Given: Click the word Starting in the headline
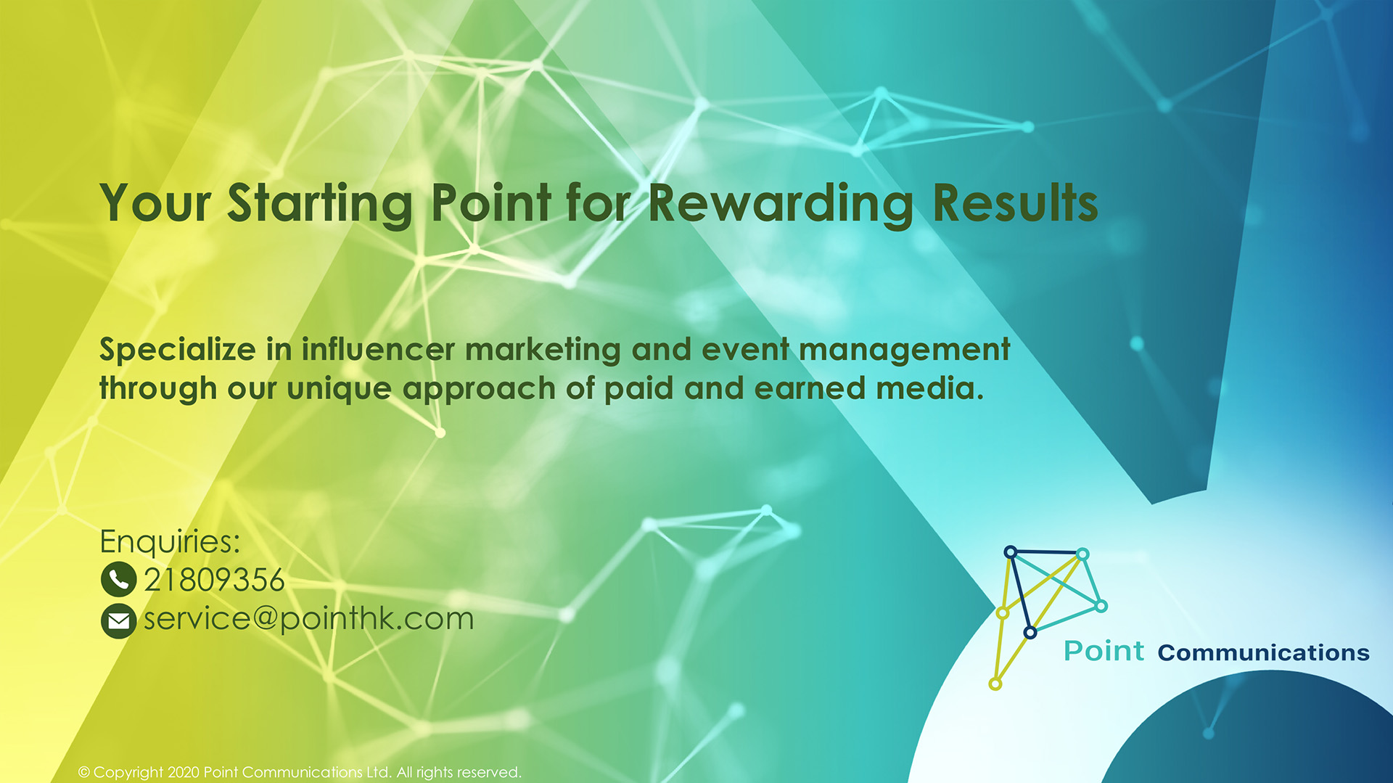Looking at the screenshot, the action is pos(320,203).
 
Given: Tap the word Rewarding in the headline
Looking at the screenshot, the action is pos(781,203).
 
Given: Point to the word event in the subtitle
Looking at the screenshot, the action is pos(745,350).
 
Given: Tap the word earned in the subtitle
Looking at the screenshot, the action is pos(810,388).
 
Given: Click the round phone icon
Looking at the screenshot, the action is pos(118,579).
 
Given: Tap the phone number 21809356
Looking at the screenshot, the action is pos(214,580).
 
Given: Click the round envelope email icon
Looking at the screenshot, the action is pos(118,620).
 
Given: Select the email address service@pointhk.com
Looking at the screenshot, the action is pos(308,619).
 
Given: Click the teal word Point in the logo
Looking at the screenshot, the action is pos(1104,651).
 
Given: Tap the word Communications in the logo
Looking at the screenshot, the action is pos(1263,652).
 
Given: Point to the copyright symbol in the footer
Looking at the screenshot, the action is pos(84,772).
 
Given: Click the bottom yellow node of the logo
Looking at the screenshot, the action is pos(995,684).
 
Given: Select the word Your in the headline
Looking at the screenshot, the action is pos(155,203).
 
